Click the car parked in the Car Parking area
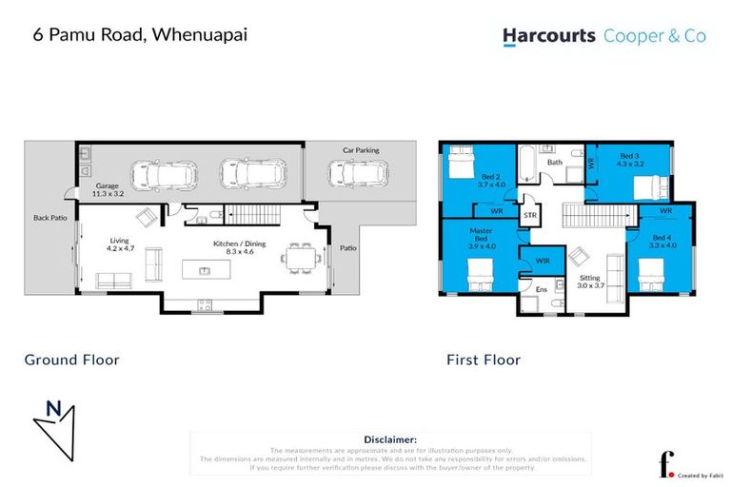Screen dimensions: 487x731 point(358,174)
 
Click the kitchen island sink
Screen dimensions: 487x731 point(205,271)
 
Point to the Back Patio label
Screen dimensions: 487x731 point(49,218)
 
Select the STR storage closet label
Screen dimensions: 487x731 point(530,216)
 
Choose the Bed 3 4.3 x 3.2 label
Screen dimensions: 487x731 point(630,160)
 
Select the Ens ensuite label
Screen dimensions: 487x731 point(541,288)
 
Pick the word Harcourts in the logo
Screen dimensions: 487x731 point(549,36)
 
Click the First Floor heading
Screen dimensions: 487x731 point(484,360)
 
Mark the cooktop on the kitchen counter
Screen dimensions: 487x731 point(203,303)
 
